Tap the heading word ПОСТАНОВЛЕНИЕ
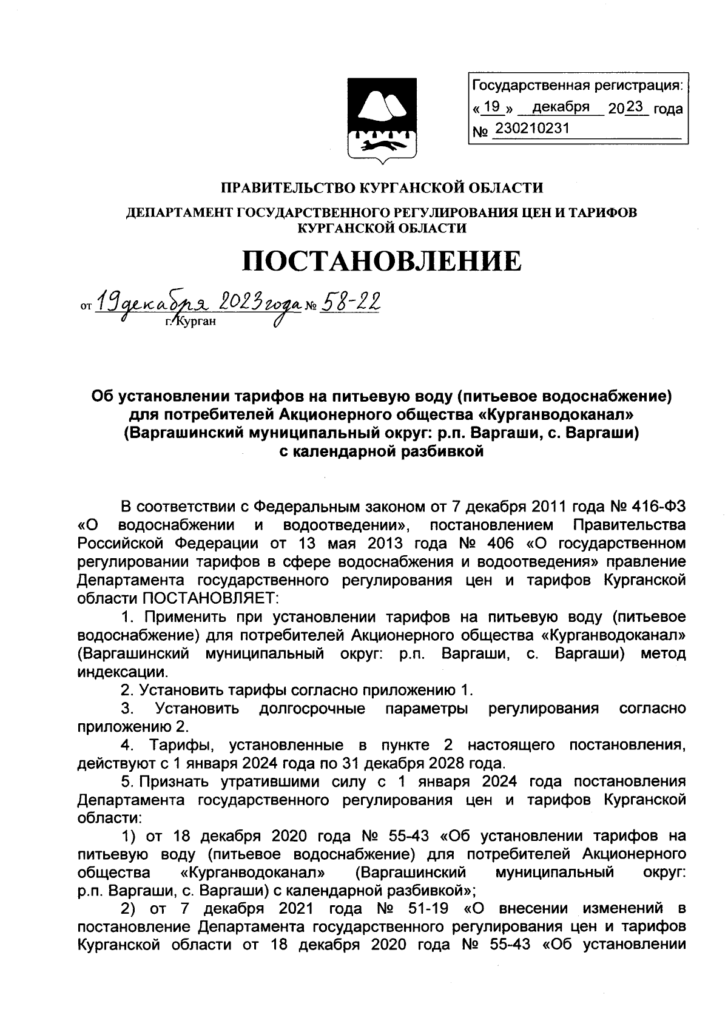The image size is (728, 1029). (x=382, y=261)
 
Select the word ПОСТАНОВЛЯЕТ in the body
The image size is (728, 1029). (x=210, y=598)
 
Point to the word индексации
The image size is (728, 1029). (x=121, y=672)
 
